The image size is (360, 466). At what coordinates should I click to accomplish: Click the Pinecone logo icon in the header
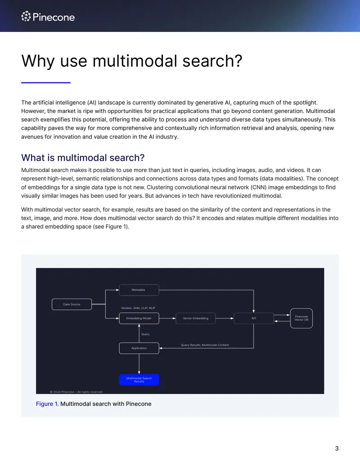(26, 16)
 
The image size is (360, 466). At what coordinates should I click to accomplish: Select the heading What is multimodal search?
(83, 158)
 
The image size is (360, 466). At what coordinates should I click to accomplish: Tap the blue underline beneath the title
(46, 83)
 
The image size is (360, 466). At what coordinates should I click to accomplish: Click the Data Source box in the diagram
(72, 304)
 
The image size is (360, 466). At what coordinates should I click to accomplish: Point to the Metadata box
(139, 290)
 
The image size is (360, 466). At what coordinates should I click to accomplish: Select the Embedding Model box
(139, 318)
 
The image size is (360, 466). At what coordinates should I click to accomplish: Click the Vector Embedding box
(195, 318)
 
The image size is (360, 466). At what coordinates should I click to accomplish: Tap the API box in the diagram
(254, 318)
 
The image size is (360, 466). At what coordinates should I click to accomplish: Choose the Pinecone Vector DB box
(301, 318)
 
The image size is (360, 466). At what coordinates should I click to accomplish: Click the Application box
(139, 348)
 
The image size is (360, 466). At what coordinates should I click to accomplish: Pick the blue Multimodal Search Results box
(139, 380)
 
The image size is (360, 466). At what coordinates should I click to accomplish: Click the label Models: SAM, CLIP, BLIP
(138, 308)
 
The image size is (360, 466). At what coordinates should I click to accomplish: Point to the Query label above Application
(145, 335)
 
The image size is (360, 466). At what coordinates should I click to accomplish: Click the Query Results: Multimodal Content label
(205, 345)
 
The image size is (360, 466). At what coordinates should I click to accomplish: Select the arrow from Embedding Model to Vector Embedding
(167, 318)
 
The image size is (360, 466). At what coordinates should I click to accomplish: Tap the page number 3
(337, 448)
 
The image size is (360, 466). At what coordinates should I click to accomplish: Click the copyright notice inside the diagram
(76, 392)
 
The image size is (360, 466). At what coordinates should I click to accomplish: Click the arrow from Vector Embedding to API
(225, 318)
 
